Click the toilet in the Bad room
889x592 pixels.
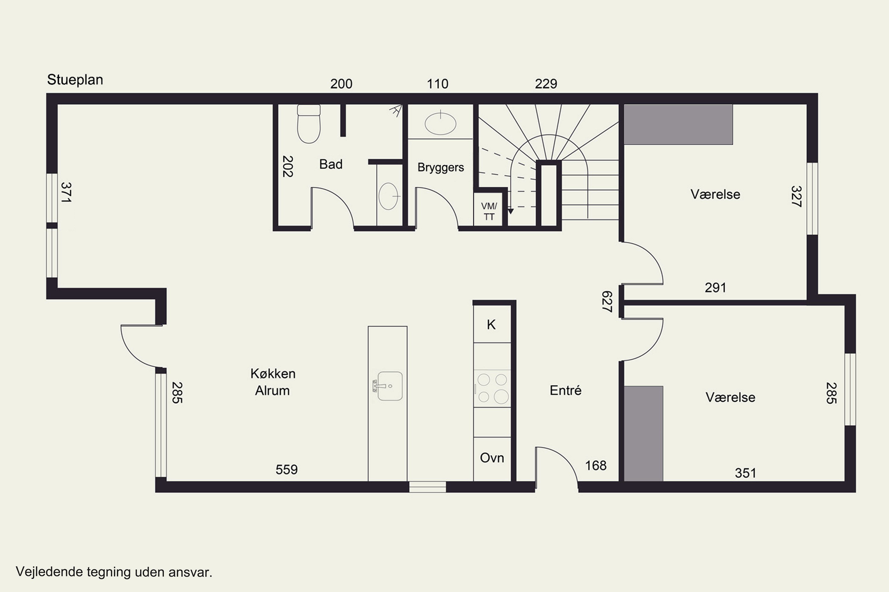point(309,124)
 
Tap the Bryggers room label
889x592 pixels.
point(441,167)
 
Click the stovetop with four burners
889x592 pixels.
point(492,388)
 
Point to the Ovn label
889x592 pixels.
point(492,458)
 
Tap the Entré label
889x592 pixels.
point(565,390)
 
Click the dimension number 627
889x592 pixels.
point(607,301)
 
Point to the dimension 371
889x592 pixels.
point(66,193)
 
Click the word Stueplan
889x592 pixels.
point(75,80)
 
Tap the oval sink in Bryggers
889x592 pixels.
point(440,123)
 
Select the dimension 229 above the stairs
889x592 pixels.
point(546,83)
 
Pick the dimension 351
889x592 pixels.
point(745,473)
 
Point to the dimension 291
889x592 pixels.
point(716,288)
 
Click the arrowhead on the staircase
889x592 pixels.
point(511,211)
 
